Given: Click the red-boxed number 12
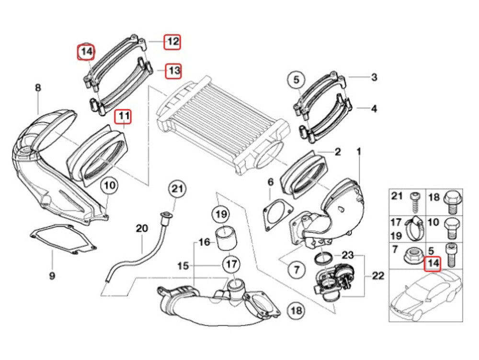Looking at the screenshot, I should coord(172,42).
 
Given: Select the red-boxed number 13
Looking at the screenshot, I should coord(173,71).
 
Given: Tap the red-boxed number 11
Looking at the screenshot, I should coord(124,116).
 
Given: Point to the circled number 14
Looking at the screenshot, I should coord(86,52).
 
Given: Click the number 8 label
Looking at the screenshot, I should coord(38,88).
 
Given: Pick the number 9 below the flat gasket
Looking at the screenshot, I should coord(52,276).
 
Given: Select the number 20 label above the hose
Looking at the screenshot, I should coord(142,229).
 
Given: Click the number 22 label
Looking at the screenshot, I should coord(378,276).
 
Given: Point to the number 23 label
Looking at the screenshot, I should coord(347,254).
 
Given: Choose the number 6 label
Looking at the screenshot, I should coord(270,182).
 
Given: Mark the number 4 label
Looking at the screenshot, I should coord(374,109).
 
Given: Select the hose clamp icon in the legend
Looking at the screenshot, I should coord(413,229).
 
